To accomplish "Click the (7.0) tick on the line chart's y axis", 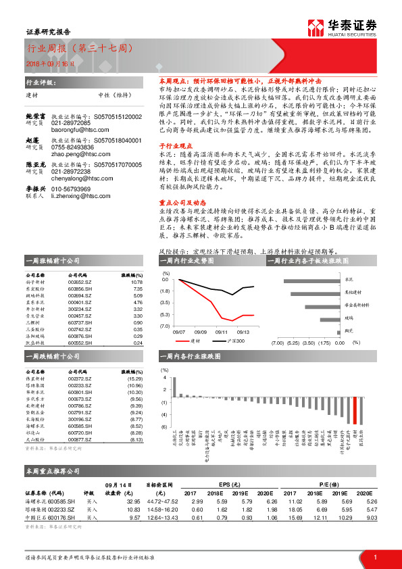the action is click(x=164, y=326).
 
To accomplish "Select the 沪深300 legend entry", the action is click(x=236, y=341).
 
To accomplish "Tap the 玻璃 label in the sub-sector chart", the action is click(x=349, y=316).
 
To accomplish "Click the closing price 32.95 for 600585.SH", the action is click(x=133, y=501).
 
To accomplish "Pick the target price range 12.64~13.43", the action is click(x=164, y=517).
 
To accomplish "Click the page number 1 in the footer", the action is click(x=374, y=556).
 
